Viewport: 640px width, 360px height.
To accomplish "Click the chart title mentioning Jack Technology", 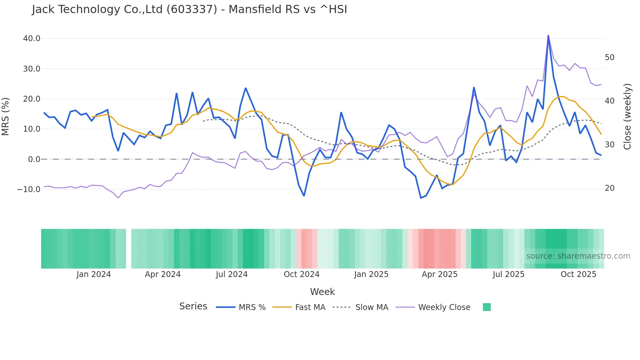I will click(189, 9).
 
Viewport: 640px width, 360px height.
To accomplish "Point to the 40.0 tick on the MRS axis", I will click(32, 39).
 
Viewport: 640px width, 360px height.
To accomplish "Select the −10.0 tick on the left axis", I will click(29, 189).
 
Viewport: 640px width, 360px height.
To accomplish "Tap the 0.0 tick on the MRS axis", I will click(34, 159).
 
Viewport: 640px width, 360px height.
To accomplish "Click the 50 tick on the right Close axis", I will click(610, 57).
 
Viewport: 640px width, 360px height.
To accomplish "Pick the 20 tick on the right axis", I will click(610, 188).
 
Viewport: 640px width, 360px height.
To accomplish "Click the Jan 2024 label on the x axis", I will click(94, 274).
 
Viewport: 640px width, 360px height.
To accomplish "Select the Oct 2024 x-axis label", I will click(301, 274).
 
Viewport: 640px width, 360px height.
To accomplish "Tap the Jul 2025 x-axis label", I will click(508, 274).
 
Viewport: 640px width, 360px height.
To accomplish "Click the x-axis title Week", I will click(322, 292).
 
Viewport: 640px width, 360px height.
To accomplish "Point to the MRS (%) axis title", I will click(6, 116).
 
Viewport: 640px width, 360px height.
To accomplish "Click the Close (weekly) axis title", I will click(627, 116).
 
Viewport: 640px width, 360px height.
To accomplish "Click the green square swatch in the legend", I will click(487, 307).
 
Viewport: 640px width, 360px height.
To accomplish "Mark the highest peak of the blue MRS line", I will click(548, 36).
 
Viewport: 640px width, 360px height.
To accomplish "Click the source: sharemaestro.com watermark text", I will click(578, 256).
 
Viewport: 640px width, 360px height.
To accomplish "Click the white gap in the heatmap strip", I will click(129, 249).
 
